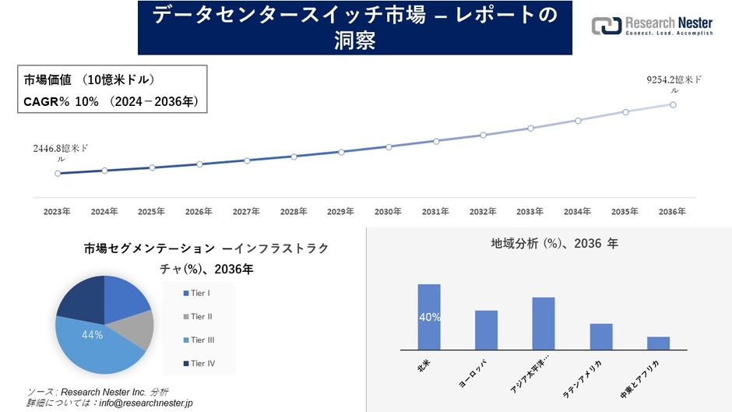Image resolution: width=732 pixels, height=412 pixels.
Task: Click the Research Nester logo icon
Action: [606, 26]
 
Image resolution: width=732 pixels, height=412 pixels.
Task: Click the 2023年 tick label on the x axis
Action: [57, 212]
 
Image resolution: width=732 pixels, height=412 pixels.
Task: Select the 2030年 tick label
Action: [388, 212]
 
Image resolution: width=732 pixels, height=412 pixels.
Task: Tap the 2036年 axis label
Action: [672, 212]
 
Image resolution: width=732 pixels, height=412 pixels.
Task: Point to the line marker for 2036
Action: [673, 104]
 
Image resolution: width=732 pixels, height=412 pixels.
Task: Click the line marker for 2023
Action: [58, 174]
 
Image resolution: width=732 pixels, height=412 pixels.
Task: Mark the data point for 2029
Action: [341, 152]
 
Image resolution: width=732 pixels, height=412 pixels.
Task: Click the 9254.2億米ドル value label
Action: [674, 80]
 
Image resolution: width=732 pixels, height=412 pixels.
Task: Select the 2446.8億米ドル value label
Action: [60, 153]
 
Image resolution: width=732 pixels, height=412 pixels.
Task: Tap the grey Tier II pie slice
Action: [139, 329]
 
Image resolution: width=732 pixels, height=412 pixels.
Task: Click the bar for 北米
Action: [429, 317]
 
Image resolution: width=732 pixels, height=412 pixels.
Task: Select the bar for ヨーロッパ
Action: [486, 330]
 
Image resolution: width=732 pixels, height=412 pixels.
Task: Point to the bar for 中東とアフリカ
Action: [658, 343]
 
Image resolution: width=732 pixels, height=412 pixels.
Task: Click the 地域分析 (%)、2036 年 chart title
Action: [554, 244]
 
